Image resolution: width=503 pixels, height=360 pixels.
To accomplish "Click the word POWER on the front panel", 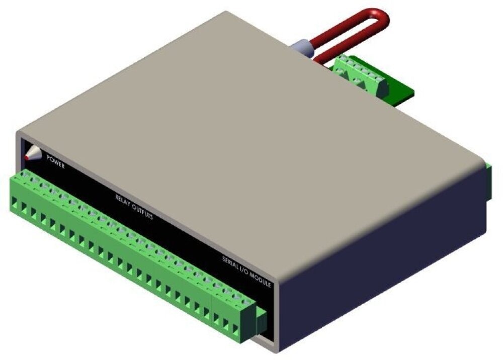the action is click(x=55, y=161).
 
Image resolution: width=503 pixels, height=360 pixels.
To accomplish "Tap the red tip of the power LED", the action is click(x=27, y=158).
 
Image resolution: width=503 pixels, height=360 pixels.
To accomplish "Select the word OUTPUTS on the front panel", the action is click(x=142, y=212).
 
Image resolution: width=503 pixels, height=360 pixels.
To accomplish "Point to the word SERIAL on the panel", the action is click(x=231, y=262).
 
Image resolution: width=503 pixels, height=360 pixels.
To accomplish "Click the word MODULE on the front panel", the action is click(x=261, y=280).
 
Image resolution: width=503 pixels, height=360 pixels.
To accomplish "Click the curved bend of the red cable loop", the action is click(x=381, y=17).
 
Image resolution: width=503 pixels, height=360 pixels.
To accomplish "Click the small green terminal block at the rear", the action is click(x=360, y=75).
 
